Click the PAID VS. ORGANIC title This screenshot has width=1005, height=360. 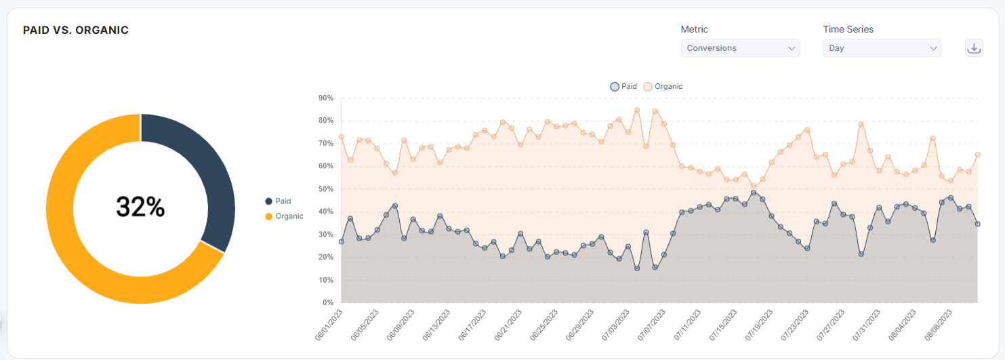coord(76,31)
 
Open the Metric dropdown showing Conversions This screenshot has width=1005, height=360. coord(740,48)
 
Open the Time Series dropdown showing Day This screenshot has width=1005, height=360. coord(882,48)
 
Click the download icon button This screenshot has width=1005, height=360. coord(974,48)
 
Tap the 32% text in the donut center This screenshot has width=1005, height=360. coord(140,207)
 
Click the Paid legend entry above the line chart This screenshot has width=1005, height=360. coord(624,87)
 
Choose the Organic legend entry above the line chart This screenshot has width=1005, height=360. coord(663,87)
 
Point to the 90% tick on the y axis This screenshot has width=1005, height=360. coord(325,98)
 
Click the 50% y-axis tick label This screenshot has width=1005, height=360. coord(325,189)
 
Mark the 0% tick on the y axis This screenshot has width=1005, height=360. coord(327,303)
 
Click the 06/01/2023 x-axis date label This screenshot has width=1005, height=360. coord(329,325)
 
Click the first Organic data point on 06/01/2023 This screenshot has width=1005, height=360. coord(342,137)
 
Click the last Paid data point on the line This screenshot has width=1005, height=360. coord(977,224)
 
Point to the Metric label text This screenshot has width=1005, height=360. coord(694,30)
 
